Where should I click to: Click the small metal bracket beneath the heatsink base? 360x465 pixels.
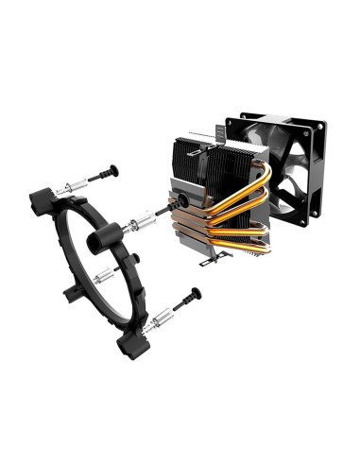[218, 253]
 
